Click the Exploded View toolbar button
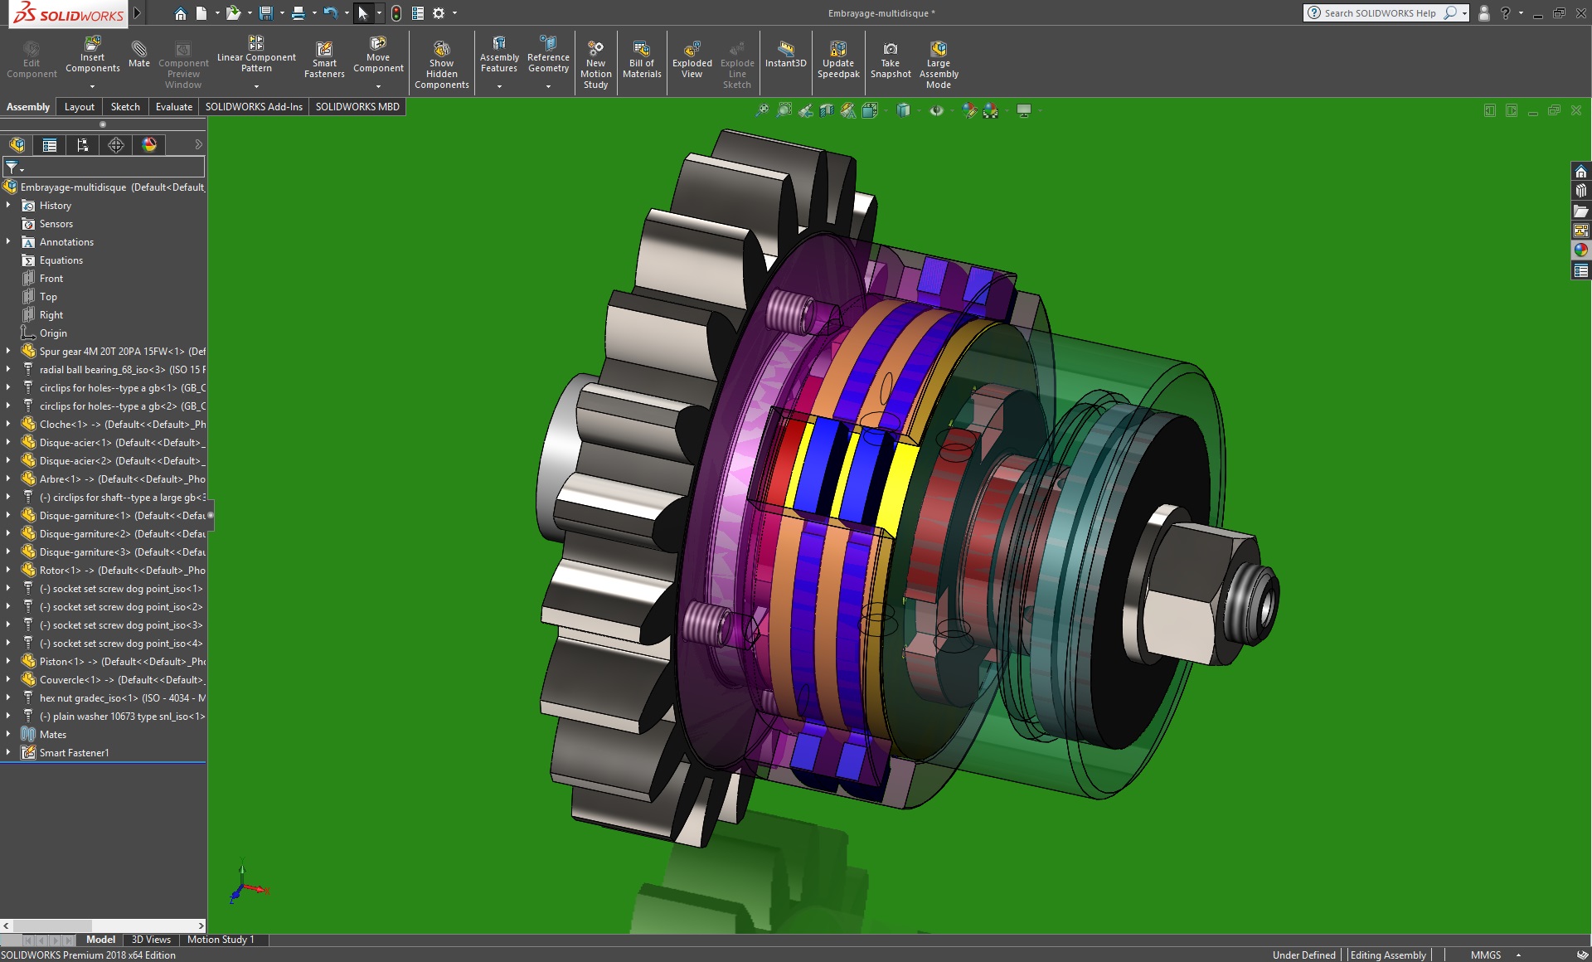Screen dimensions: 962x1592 (692, 59)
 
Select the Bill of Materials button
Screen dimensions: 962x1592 (642, 59)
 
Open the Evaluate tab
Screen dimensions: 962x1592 (173, 106)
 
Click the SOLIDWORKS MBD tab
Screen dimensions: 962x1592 (357, 106)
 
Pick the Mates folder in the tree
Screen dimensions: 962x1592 (52, 735)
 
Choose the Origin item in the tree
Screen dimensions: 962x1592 (53, 333)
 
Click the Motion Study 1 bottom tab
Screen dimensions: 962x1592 (221, 940)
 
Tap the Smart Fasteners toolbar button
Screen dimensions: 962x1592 (324, 59)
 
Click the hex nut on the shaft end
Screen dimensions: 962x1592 (1186, 589)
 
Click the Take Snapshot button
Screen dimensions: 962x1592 (891, 59)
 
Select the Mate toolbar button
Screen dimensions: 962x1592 (139, 53)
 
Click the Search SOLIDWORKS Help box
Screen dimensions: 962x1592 (1381, 13)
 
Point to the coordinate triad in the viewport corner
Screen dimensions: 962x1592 (245, 887)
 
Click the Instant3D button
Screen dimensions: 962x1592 (785, 53)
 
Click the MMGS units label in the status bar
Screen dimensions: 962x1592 (1485, 955)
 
